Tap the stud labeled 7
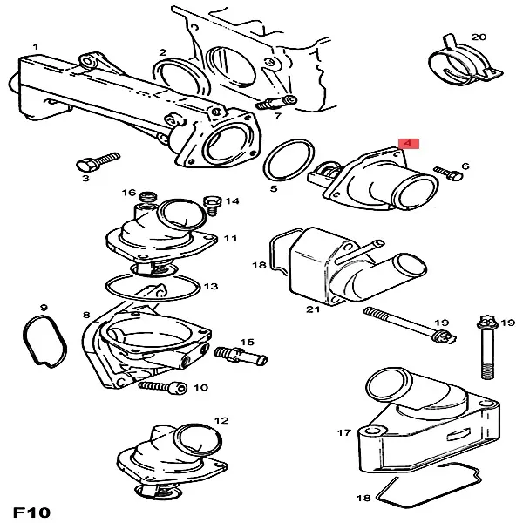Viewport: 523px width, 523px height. tap(276, 102)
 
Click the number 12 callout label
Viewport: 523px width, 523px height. tap(221, 421)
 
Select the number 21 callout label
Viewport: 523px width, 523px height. tap(313, 309)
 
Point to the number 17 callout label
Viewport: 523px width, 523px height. tap(343, 431)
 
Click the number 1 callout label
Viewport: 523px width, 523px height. tap(36, 46)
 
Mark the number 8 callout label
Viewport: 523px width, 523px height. tap(86, 314)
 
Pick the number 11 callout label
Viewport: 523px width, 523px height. tap(230, 237)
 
